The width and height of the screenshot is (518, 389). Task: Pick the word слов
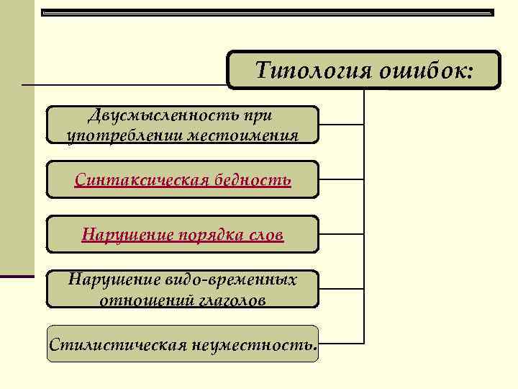267,235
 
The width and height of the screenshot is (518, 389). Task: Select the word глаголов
230,300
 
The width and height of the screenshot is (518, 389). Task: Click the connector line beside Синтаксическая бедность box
341,179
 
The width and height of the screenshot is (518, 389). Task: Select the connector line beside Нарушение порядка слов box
341,234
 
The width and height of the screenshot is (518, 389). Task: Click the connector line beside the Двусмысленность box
341,125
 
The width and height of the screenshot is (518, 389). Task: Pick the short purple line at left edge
17,276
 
